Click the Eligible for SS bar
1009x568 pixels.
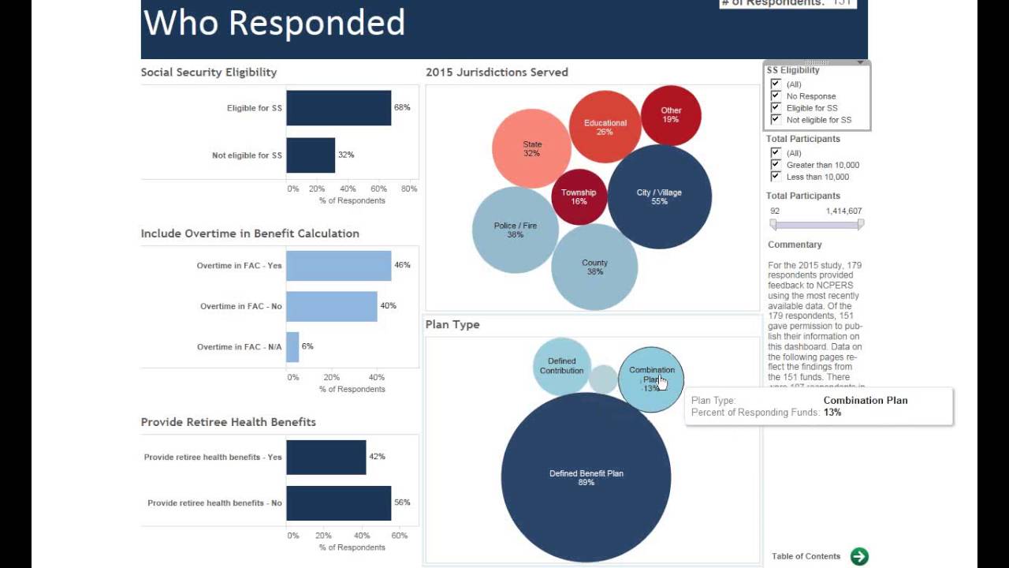click(338, 108)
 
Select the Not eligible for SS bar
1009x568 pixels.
click(311, 155)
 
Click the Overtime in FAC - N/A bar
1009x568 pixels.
click(292, 347)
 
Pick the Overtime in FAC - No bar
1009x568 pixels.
click(331, 306)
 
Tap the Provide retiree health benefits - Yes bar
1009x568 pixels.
click(326, 458)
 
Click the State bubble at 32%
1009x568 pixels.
click(531, 148)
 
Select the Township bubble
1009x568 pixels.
click(579, 196)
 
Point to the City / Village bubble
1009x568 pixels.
click(659, 196)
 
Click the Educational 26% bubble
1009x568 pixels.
click(605, 127)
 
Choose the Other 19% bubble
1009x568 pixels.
click(671, 115)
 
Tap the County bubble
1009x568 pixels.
click(594, 267)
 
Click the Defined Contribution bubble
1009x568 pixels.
click(561, 366)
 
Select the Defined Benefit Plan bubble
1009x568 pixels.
click(586, 477)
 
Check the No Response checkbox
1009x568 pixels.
click(776, 95)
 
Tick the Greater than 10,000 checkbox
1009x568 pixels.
click(776, 164)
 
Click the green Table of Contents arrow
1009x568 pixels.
click(859, 556)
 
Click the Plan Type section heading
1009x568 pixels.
click(452, 324)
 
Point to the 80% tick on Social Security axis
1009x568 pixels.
click(408, 189)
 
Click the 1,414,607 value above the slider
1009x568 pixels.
click(843, 211)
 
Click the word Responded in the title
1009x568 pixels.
click(316, 23)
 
